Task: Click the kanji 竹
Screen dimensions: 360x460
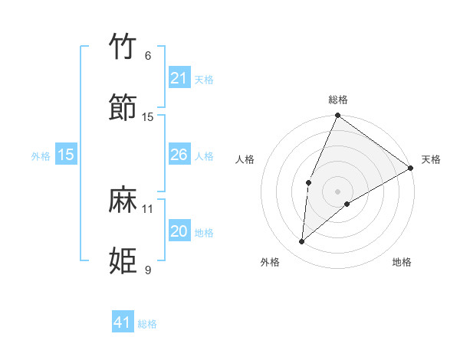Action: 123,47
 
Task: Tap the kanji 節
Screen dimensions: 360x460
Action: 123,107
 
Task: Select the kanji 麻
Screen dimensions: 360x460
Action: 123,199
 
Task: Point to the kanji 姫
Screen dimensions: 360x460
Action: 123,260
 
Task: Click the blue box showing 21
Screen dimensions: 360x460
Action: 179,78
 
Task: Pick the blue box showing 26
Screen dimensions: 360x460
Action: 179,155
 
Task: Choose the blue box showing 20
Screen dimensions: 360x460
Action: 179,231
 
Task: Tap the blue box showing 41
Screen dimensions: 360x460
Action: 123,322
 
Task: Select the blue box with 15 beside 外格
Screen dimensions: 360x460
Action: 66,155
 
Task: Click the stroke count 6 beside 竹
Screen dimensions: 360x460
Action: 148,56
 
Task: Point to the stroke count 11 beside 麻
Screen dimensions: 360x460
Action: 148,208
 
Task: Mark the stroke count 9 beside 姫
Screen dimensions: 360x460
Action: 148,270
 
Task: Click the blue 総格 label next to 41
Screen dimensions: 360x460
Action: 147,324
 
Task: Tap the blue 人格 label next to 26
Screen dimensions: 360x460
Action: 204,156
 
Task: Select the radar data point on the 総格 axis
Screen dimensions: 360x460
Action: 337,116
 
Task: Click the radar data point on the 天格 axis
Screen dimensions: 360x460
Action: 411,168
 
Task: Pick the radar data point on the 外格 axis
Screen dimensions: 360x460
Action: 302,242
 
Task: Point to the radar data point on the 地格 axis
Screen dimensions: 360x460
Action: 347,204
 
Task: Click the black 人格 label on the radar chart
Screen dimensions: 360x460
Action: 245,159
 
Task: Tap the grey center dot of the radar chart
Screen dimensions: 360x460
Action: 337,191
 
